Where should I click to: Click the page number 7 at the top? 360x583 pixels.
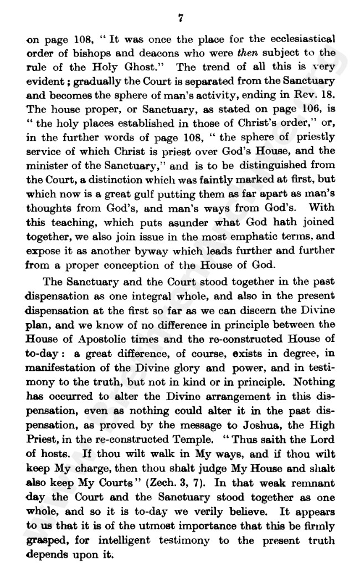click(x=181, y=18)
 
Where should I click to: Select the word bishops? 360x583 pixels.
click(x=85, y=54)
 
